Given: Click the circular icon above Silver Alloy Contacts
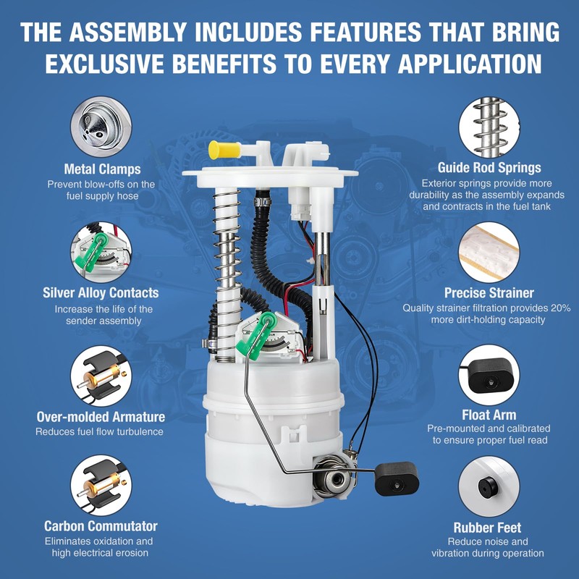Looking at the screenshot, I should point(101,250).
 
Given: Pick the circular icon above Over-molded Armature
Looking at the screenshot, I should point(101,374).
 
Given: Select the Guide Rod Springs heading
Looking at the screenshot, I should point(489,168).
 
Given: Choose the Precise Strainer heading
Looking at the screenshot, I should point(489,293).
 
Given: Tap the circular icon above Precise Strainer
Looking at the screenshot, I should point(489,250).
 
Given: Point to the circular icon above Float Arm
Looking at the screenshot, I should point(489,374).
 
